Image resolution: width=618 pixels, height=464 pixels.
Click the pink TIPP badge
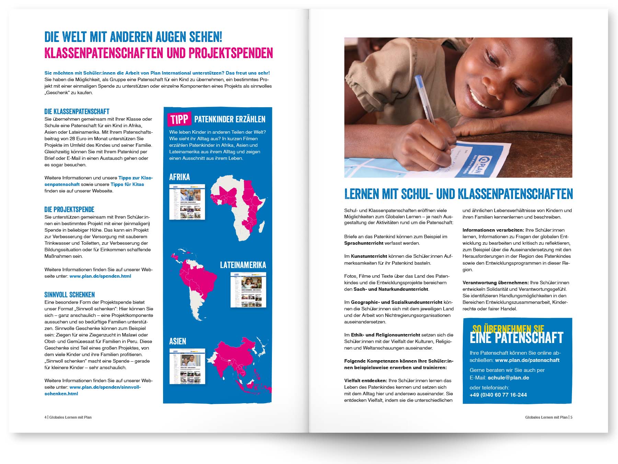(x=179, y=119)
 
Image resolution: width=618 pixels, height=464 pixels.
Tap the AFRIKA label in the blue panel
(x=179, y=177)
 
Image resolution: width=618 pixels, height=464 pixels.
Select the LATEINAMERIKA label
(x=243, y=265)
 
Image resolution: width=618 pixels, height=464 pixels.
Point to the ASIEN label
(x=178, y=341)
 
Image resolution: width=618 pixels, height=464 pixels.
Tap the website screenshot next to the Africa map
(x=187, y=202)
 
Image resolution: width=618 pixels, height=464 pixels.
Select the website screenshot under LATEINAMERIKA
(x=248, y=290)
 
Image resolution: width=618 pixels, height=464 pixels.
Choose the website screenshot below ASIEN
(x=187, y=366)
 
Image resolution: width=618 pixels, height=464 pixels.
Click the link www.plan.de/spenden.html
(x=100, y=276)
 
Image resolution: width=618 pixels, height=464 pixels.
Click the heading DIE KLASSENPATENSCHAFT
(x=77, y=111)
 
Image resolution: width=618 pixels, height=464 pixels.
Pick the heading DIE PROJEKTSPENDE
(x=69, y=209)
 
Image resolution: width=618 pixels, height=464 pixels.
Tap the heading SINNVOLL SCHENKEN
(x=70, y=295)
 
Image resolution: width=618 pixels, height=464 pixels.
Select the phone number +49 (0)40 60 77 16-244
(x=498, y=395)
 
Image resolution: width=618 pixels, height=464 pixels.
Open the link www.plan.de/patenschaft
(x=527, y=360)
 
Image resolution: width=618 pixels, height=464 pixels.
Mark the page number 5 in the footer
(x=572, y=417)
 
